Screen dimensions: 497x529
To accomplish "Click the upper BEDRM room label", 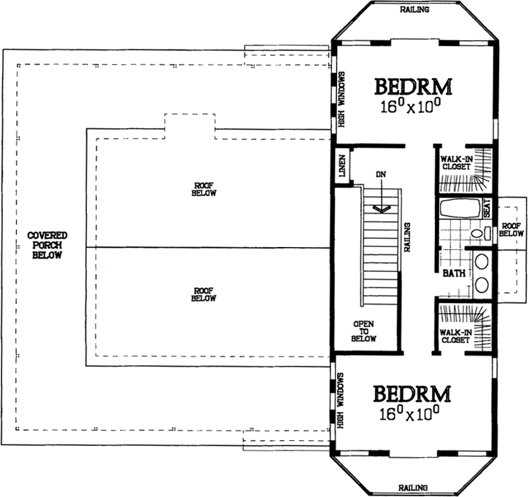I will (x=413, y=87).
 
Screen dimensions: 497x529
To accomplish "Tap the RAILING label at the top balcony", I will (x=414, y=10).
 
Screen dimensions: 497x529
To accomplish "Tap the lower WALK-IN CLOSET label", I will (x=455, y=337).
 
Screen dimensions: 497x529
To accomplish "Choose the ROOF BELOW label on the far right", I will (x=512, y=230).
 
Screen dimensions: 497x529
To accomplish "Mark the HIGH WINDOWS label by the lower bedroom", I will (x=341, y=399).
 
